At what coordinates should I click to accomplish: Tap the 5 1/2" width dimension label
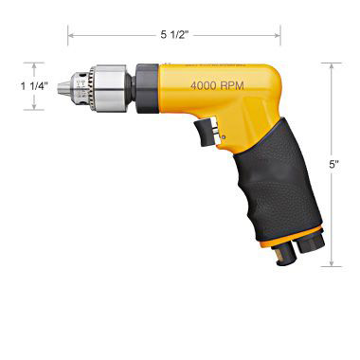174,35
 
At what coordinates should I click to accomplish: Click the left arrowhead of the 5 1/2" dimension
69,36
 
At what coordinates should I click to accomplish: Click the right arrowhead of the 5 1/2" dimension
280,36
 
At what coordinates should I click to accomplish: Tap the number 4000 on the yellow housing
204,85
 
